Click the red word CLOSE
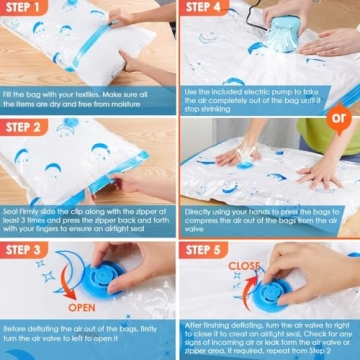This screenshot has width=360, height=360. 248,266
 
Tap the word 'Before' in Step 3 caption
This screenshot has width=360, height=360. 15,329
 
